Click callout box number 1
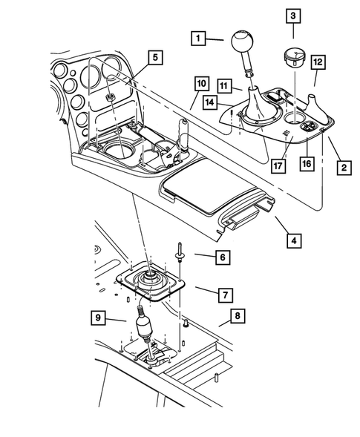tap(197, 37)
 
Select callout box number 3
tap(293, 16)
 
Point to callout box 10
tap(200, 82)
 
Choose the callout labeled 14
tap(232, 102)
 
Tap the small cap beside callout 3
tap(293, 58)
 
